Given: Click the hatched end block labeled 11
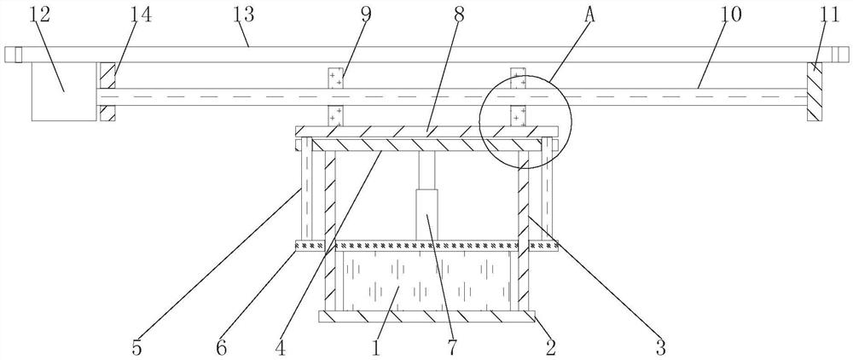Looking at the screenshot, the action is pos(815,92).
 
